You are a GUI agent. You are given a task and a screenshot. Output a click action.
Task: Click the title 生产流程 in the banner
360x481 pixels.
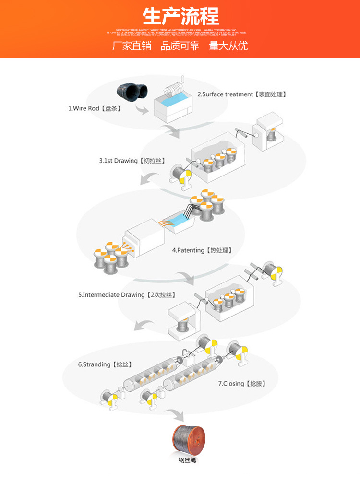180,16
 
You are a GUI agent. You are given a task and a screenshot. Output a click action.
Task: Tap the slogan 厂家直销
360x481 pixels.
132,46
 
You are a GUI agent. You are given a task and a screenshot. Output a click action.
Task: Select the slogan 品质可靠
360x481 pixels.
180,46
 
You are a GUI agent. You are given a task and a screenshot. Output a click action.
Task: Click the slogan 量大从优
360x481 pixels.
228,46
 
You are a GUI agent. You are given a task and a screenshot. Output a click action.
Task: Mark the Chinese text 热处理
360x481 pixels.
220,250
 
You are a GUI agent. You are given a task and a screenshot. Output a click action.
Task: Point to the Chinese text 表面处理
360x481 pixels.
270,94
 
